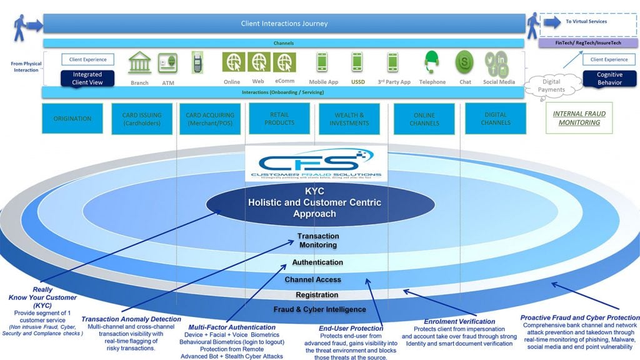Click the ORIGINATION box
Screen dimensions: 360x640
click(x=72, y=119)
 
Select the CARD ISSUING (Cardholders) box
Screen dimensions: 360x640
click(x=141, y=119)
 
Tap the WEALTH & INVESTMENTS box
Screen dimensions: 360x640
click(x=349, y=119)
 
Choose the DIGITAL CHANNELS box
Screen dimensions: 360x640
click(x=496, y=119)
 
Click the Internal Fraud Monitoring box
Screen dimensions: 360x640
click(x=579, y=118)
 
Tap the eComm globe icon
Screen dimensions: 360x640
click(x=284, y=62)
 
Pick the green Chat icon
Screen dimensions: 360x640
click(x=464, y=63)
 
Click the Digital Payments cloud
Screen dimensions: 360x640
click(x=552, y=86)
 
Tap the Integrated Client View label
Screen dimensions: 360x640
click(x=87, y=79)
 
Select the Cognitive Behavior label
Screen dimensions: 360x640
click(x=609, y=79)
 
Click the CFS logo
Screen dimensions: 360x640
click(x=319, y=164)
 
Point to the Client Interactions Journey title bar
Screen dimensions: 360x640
click(x=284, y=24)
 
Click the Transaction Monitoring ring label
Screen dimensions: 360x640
click(x=318, y=241)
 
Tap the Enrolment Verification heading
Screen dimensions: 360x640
click(x=451, y=321)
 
